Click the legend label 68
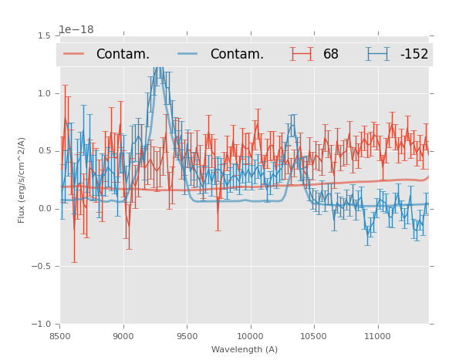331,54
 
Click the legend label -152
414,54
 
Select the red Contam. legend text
123,54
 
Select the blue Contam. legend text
237,54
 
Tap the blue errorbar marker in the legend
378,54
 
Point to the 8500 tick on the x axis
60,336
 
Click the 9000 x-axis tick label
123,336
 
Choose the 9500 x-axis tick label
187,336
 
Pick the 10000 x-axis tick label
250,336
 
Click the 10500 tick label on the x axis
313,336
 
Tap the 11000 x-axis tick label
377,336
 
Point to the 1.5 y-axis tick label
44,35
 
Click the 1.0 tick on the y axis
44,93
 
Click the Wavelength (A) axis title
245,349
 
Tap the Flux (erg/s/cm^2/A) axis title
22,180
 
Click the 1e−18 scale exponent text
76,30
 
